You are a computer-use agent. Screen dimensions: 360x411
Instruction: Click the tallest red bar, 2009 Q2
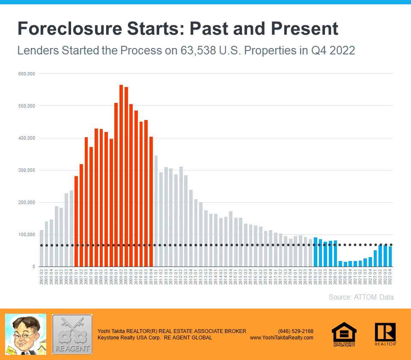coord(121,176)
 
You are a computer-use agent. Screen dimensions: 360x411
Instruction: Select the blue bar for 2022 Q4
coord(390,257)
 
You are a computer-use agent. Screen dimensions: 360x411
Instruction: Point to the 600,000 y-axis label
coord(27,74)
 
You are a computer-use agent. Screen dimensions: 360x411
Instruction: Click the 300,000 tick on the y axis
coord(27,170)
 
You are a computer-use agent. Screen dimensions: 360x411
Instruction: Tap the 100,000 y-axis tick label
coord(27,235)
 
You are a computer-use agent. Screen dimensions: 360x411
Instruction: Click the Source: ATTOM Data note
coord(361,297)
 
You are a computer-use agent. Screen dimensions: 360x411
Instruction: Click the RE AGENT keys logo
coord(72,334)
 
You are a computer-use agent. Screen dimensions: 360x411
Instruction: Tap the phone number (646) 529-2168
coord(295,331)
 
